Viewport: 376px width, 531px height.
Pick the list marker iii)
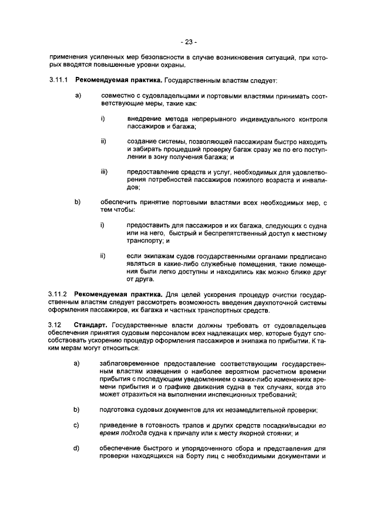104,172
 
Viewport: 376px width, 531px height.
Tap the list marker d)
76,449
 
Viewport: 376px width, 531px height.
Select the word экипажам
152,256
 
